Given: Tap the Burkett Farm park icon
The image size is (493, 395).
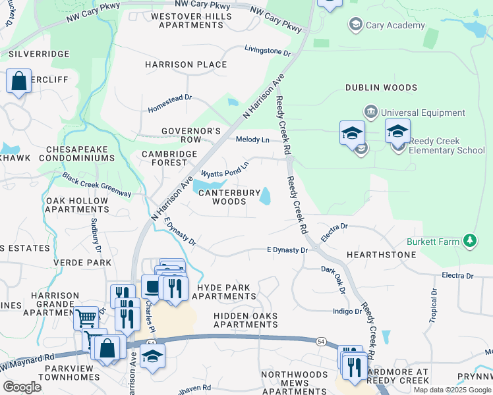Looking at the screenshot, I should [x=470, y=242].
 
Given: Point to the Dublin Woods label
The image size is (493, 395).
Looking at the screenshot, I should [x=381, y=88].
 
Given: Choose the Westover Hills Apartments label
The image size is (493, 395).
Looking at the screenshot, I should [x=187, y=20].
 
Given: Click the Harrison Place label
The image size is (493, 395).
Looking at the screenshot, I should [x=187, y=65].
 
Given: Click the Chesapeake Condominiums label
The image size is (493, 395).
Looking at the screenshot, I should [x=76, y=153].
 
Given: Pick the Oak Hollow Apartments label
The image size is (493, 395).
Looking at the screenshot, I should [x=76, y=205].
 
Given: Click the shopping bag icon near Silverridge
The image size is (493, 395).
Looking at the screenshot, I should [x=19, y=82].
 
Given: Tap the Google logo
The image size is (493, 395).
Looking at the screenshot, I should [x=22, y=387].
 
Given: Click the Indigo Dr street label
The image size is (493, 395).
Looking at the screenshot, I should [x=347, y=311].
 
